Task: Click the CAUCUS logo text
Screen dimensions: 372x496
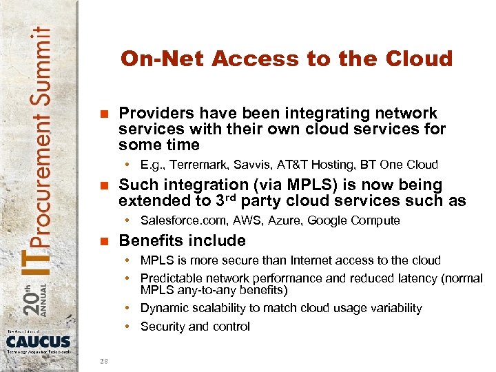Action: [x=39, y=341]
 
